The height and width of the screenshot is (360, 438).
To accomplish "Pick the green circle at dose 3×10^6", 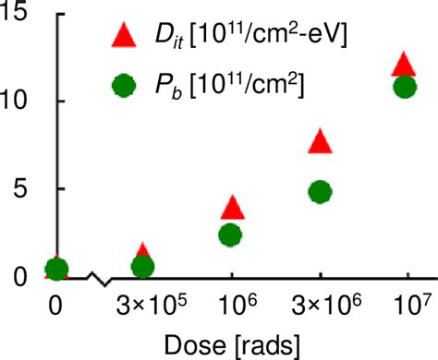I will [x=320, y=192].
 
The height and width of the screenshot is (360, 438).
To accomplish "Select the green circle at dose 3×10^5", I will [x=142, y=267].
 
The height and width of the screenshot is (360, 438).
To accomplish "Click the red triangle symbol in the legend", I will [x=123, y=37].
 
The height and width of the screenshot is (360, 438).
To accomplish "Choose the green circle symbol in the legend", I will [x=123, y=85].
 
